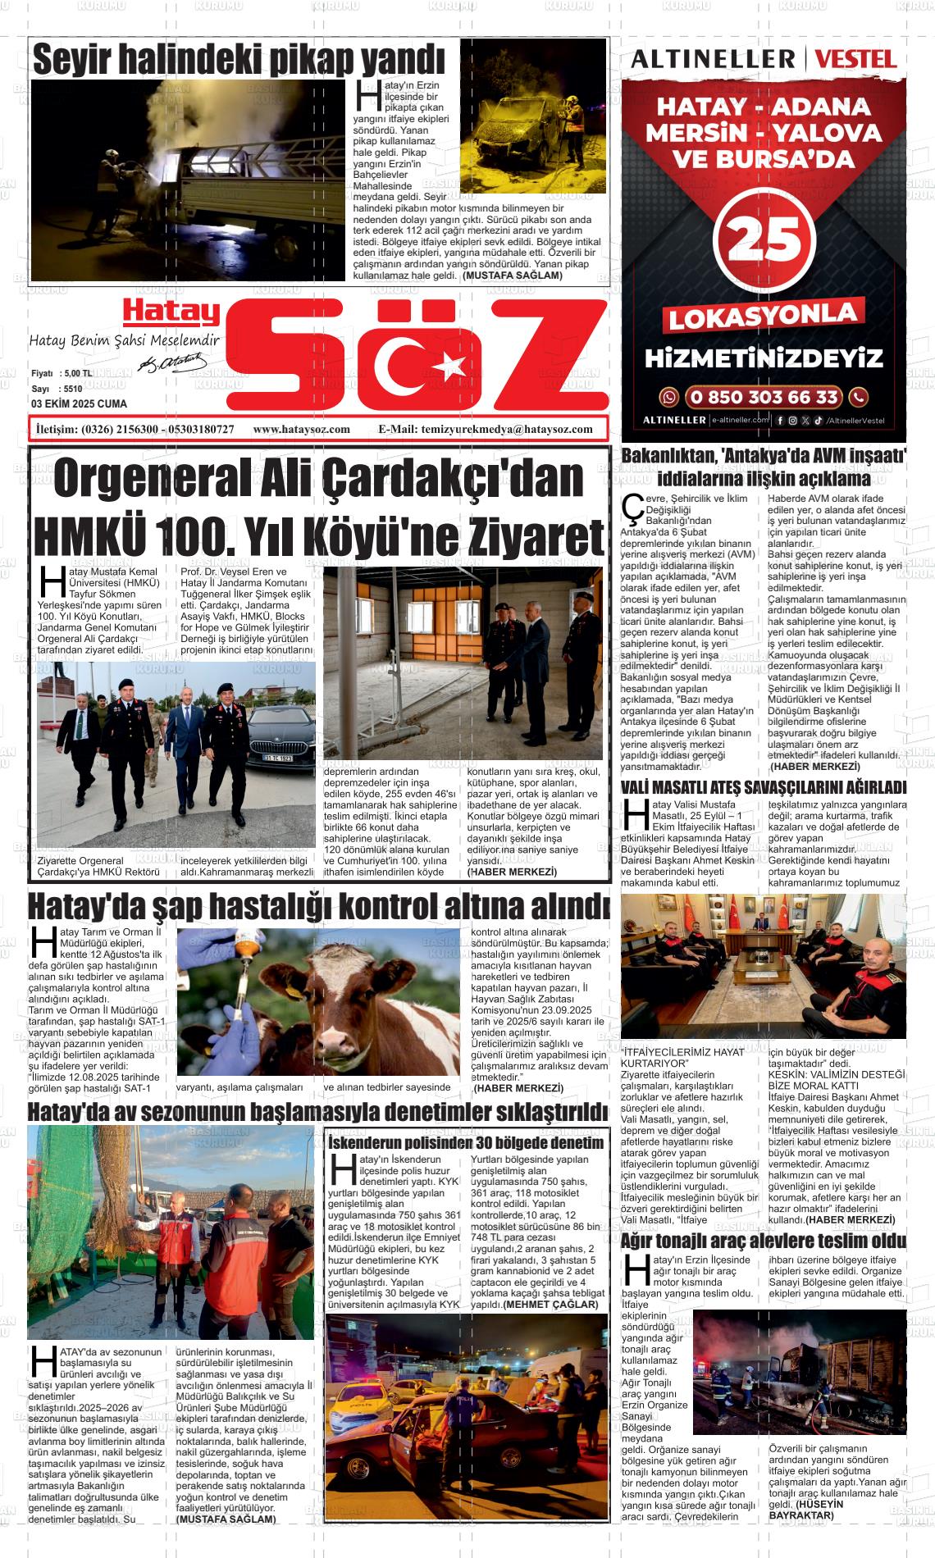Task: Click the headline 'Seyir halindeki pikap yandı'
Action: click(238, 59)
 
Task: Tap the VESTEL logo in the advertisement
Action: click(856, 59)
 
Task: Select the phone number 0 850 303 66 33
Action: click(764, 398)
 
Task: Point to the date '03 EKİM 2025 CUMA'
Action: click(79, 404)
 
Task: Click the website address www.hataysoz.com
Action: click(302, 429)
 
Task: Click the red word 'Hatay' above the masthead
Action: click(172, 312)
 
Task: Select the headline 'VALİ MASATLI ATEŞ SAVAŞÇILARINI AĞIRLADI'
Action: click(764, 788)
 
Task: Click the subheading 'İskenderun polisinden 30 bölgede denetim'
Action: click(465, 1142)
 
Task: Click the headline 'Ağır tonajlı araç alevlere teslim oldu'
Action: click(764, 1240)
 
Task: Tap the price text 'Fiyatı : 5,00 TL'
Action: click(62, 373)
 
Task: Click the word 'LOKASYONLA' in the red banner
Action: click(763, 317)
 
